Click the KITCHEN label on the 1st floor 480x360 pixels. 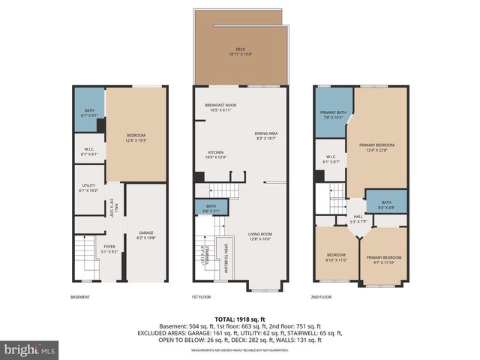[215, 154]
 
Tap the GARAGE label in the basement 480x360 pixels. [145, 235]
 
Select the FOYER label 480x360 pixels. [109, 248]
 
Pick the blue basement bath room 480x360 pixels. [88, 111]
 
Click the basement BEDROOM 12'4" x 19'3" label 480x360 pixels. [135, 138]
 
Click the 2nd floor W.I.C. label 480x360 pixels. [331, 160]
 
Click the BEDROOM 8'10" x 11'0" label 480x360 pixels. [336, 256]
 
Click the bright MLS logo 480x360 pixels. [30, 349]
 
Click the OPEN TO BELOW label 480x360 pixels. [223, 258]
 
